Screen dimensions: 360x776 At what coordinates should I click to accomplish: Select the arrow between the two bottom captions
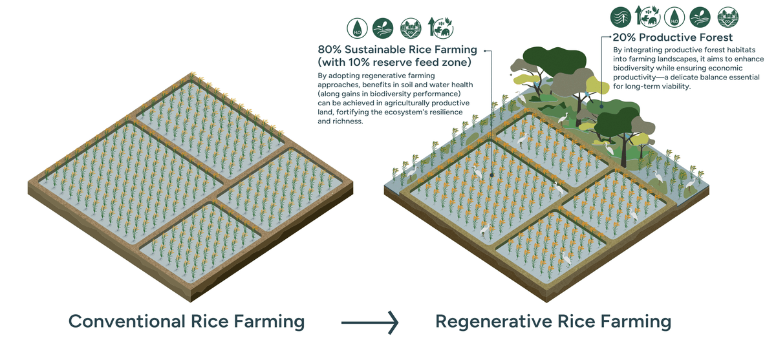(369, 321)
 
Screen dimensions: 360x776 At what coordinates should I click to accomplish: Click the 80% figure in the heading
(330, 49)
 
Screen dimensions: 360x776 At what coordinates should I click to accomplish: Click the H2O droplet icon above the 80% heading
(356, 28)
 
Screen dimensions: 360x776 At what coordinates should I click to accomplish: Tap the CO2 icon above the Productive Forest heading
(727, 16)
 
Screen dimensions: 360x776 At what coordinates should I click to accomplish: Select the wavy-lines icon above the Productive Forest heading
(622, 16)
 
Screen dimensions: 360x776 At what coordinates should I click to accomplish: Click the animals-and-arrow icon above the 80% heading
(440, 28)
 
